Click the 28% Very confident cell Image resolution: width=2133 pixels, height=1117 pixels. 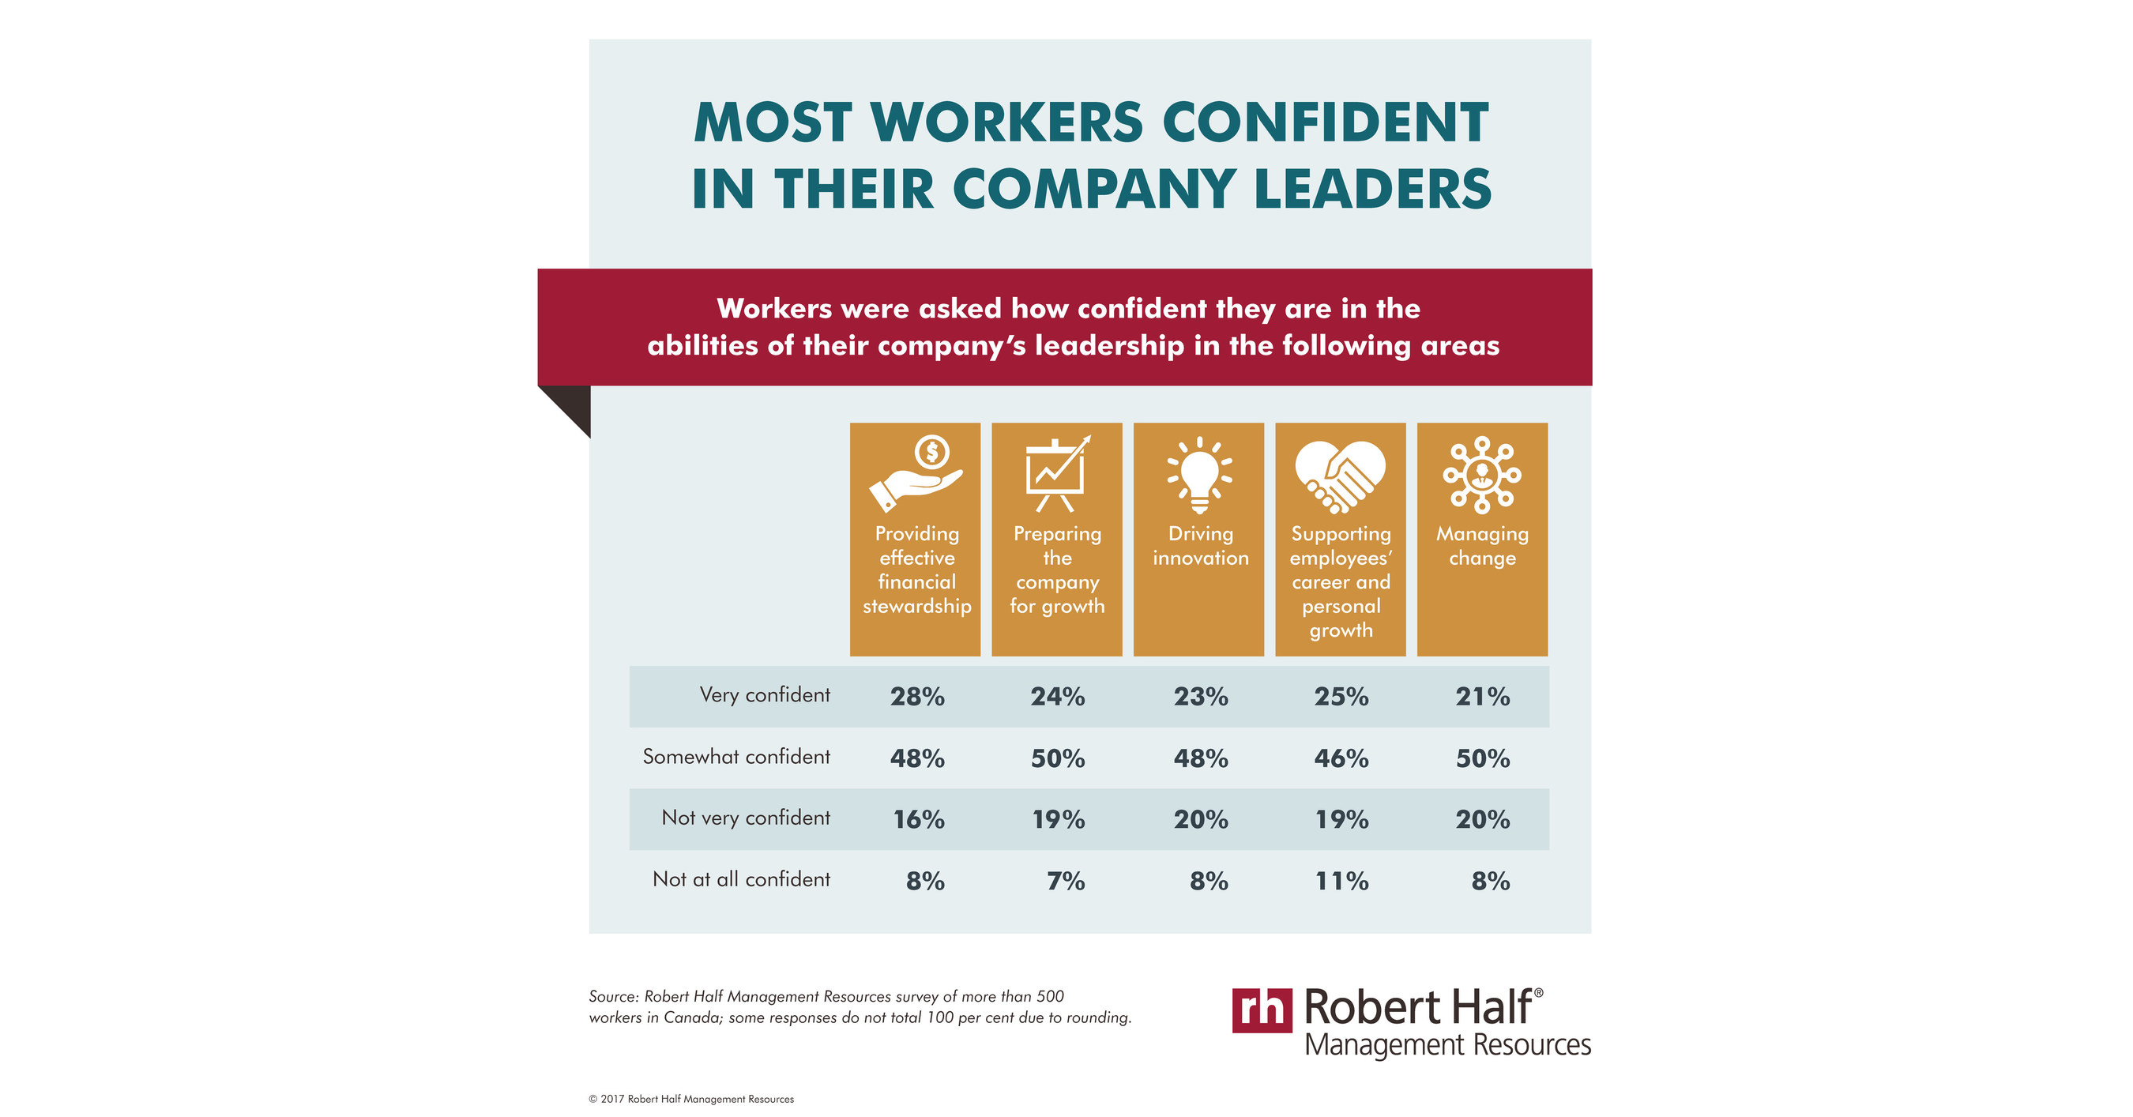point(916,697)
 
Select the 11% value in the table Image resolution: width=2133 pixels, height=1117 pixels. point(1341,881)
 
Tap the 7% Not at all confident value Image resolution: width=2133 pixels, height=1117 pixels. point(1065,881)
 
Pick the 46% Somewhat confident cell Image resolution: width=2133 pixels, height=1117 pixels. point(1341,758)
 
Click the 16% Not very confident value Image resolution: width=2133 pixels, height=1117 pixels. point(918,820)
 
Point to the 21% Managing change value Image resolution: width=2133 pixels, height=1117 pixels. point(1482,697)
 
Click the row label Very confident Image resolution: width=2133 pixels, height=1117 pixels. point(764,694)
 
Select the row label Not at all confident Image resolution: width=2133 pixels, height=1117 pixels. point(741,879)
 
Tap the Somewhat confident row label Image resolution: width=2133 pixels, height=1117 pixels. point(736,757)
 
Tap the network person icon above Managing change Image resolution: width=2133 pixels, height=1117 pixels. point(1481,476)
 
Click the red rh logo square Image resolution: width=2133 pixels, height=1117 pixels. point(1261,1010)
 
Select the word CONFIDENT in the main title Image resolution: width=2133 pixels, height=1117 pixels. point(1325,123)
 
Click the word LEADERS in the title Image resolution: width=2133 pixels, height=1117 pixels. point(1372,190)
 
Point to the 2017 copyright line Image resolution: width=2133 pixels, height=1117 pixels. point(690,1099)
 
